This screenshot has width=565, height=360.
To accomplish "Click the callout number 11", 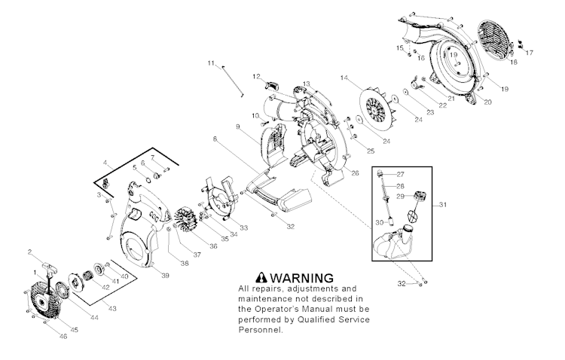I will click(212, 63).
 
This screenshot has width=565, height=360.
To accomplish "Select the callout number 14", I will click(344, 78).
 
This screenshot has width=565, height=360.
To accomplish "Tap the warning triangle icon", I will click(261, 277).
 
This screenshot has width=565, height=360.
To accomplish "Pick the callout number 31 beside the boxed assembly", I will click(443, 204).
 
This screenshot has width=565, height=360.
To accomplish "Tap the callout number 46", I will click(63, 336).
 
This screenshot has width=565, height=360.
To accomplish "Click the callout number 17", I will click(530, 53).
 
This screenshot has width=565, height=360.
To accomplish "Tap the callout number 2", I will click(29, 251).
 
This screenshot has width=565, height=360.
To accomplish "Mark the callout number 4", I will click(105, 162).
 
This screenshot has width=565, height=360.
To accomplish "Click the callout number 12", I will click(256, 75).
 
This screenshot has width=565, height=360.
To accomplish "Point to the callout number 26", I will click(355, 173).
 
